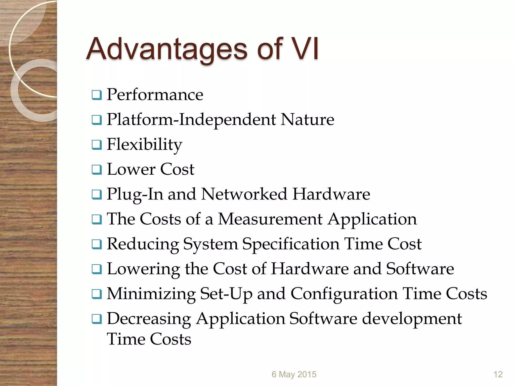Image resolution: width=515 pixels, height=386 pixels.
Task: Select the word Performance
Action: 155,95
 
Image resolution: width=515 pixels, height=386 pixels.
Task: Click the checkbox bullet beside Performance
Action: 97,95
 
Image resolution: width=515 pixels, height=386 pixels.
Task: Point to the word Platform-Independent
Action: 191,119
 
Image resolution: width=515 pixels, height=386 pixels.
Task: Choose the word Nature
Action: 307,119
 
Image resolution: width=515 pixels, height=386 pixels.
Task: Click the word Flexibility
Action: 144,144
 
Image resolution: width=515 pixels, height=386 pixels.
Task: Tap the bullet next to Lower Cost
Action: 97,170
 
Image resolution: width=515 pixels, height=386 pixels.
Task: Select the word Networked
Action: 244,194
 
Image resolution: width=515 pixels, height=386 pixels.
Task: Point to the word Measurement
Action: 270,219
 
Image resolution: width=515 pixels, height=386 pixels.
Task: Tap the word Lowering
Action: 143,269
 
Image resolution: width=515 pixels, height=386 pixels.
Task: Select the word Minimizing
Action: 151,294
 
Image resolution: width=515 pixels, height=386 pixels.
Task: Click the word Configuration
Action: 344,294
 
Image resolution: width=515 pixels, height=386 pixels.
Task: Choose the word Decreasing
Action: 149,319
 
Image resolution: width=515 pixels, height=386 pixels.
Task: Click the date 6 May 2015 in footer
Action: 294,374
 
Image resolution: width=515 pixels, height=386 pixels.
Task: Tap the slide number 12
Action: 498,374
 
